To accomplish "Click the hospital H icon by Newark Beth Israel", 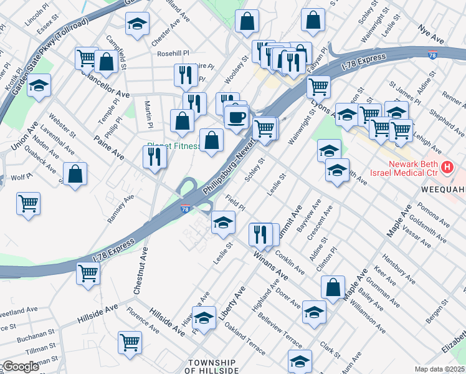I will coord(447,167).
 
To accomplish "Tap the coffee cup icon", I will coord(236,117).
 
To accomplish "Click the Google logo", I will coord(21,367).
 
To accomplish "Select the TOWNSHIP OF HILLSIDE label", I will coord(214,366).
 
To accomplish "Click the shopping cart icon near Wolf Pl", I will coord(29,203).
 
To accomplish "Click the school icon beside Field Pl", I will coord(222,223).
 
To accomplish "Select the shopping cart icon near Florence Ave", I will coord(130,342).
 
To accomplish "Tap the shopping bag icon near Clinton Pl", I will coord(333,287).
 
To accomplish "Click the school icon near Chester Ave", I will coord(137,24).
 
